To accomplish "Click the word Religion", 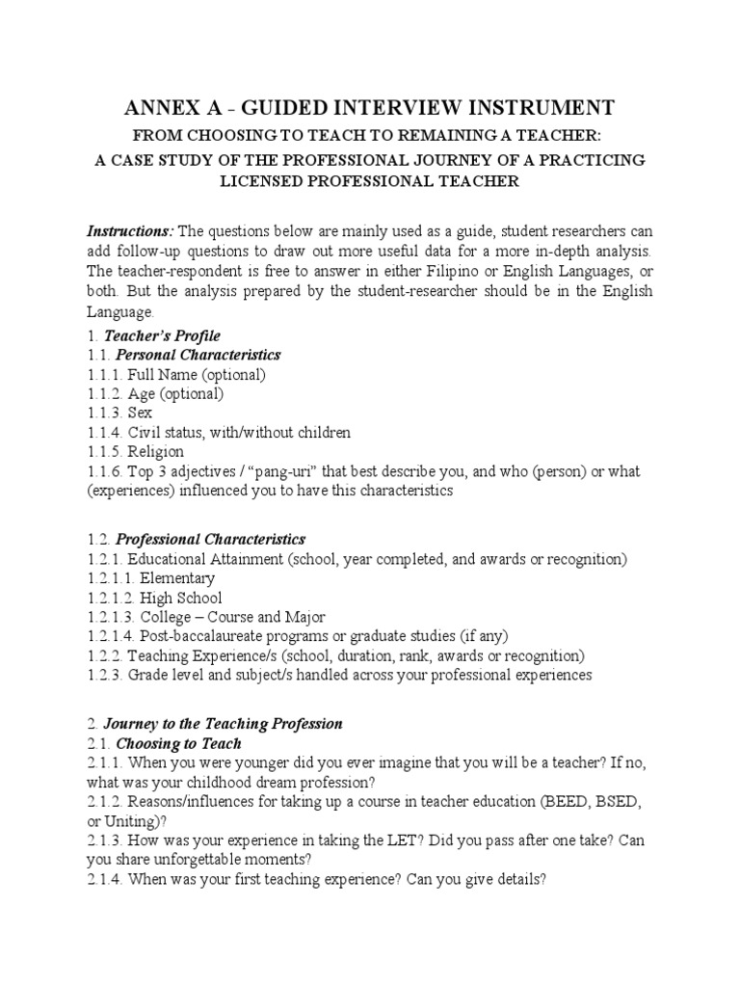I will (156, 451).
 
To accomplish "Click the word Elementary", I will (177, 578).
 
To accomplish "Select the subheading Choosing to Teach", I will (178, 743).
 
